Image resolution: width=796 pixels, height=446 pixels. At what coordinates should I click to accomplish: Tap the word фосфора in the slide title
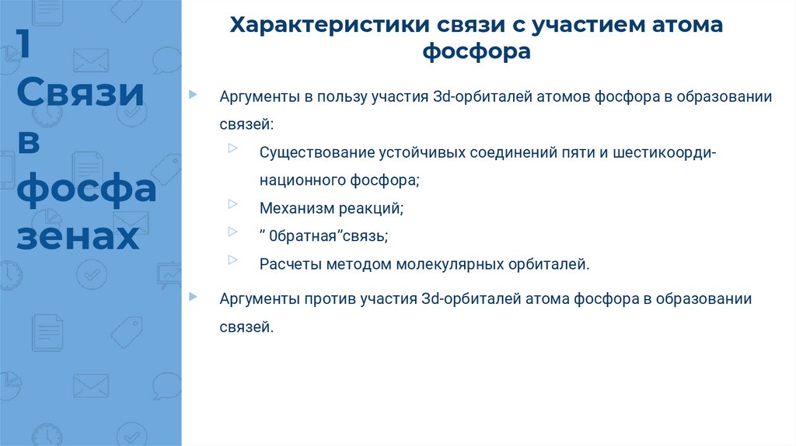[476, 52]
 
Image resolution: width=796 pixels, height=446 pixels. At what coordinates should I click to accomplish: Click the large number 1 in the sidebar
[26, 46]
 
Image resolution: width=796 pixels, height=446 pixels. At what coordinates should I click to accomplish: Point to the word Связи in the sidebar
[80, 94]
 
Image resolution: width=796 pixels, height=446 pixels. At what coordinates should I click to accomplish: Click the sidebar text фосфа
[86, 190]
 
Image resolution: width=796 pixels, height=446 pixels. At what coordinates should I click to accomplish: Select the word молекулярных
[441, 264]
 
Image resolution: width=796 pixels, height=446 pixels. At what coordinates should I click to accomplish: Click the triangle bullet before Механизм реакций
[233, 204]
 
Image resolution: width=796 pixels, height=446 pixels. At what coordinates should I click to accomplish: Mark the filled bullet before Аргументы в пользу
[193, 94]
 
